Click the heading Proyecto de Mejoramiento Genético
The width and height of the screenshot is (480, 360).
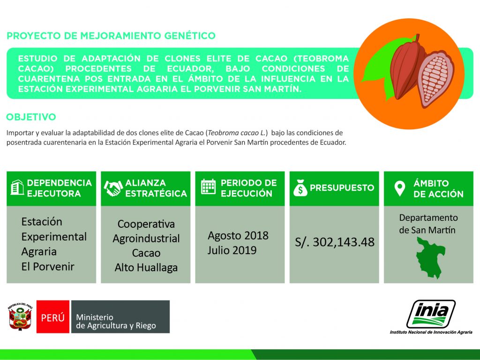[111, 36]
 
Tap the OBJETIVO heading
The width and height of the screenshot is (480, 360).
[31, 117]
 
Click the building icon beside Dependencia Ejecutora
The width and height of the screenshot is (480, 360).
[17, 187]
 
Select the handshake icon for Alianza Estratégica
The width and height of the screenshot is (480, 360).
[113, 188]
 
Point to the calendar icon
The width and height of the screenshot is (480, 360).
[208, 187]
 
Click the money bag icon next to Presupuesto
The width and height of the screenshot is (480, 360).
[300, 187]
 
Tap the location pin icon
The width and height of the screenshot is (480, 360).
[399, 188]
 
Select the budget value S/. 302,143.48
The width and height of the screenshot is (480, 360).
[335, 242]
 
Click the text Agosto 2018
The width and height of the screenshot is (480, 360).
[238, 235]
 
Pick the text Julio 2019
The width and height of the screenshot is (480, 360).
[232, 250]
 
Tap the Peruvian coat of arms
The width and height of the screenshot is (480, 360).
[20, 316]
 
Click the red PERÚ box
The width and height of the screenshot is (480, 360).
[53, 316]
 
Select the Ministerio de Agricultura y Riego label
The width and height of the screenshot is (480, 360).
[116, 322]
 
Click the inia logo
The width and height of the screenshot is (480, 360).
[431, 314]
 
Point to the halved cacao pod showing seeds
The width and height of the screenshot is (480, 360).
[436, 79]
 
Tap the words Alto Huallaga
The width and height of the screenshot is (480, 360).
[146, 268]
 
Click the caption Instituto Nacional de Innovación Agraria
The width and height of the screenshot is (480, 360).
[431, 332]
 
